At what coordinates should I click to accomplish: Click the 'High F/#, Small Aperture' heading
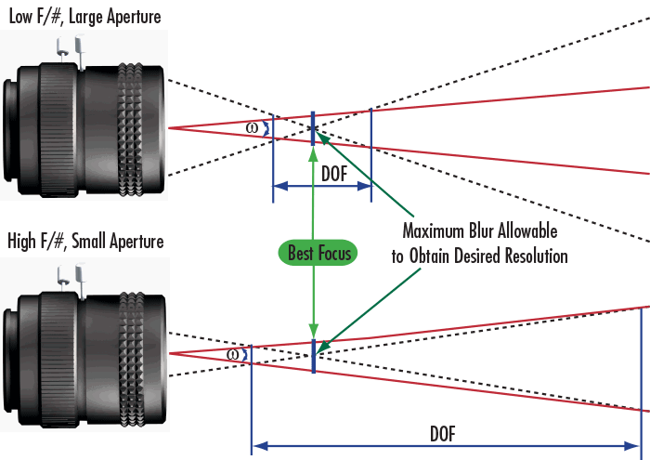[84, 242]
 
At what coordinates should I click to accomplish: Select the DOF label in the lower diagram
[442, 434]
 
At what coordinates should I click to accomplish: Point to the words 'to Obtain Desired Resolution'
[479, 256]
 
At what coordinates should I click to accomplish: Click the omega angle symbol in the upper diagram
[253, 128]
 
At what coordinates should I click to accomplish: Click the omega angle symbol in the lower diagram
[232, 354]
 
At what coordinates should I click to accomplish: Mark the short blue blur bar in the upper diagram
[314, 127]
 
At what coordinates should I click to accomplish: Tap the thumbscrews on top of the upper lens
[71, 51]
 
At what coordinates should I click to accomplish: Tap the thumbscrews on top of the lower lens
[71, 278]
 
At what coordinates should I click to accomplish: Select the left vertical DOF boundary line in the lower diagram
[252, 400]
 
